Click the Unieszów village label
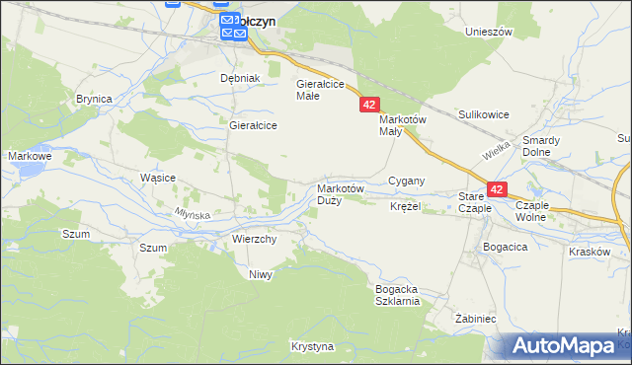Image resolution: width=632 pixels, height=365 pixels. [x=489, y=32]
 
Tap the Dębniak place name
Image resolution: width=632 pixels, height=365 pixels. [x=239, y=78]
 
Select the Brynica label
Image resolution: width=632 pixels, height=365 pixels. [x=94, y=99]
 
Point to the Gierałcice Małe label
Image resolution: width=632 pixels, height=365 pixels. [x=320, y=90]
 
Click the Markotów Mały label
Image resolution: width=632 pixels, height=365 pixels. [x=402, y=125]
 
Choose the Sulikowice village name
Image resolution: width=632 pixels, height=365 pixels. [x=483, y=114]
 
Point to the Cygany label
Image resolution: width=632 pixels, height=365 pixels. [x=406, y=181]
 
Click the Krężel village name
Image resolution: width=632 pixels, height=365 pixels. [x=405, y=207]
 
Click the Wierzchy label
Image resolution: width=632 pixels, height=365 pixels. [x=254, y=239]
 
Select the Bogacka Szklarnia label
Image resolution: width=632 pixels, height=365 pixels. [x=397, y=295]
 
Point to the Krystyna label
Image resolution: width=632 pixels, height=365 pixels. [x=313, y=347]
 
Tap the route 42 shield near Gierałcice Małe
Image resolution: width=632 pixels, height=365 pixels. [x=369, y=105]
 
